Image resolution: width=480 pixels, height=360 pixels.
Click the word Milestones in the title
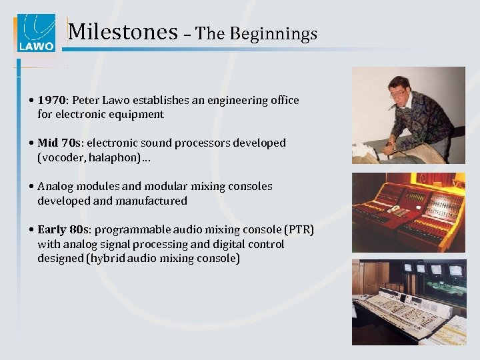click(123, 32)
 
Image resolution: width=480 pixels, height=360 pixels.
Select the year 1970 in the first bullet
click(51, 100)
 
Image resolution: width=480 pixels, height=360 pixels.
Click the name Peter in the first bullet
click(86, 100)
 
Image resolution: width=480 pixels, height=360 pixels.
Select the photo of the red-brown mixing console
click(408, 211)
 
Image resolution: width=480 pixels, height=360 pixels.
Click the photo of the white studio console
click(408, 301)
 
